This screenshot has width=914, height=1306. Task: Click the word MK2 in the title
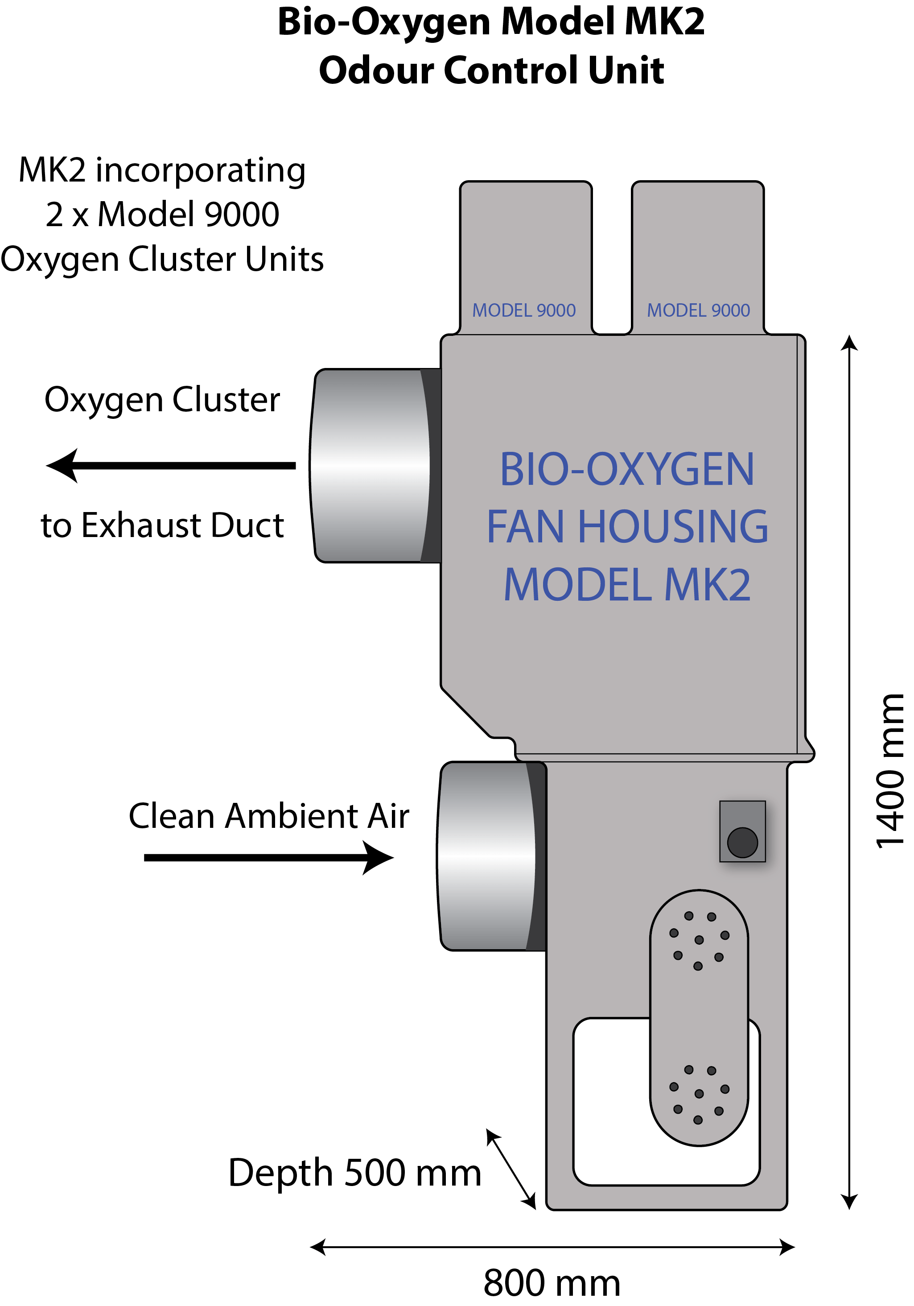(664, 23)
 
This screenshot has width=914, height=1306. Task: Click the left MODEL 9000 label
(523, 310)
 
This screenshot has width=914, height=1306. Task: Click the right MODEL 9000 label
(698, 310)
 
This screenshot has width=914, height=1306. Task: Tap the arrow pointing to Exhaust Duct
(170, 466)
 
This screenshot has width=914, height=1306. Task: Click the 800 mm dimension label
(552, 1283)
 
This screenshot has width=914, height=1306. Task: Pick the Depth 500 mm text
(355, 1173)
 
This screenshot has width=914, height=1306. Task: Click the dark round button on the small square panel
(742, 843)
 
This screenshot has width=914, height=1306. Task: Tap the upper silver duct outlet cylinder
(370, 466)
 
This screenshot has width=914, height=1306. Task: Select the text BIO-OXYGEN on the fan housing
(627, 469)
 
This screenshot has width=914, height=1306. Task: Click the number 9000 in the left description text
(242, 215)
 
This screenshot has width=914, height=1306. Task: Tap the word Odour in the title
(375, 70)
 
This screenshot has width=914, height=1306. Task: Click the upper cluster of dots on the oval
(699, 940)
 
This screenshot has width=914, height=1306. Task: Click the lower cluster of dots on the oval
(699, 1094)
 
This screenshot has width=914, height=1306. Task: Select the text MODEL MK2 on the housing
(627, 585)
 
